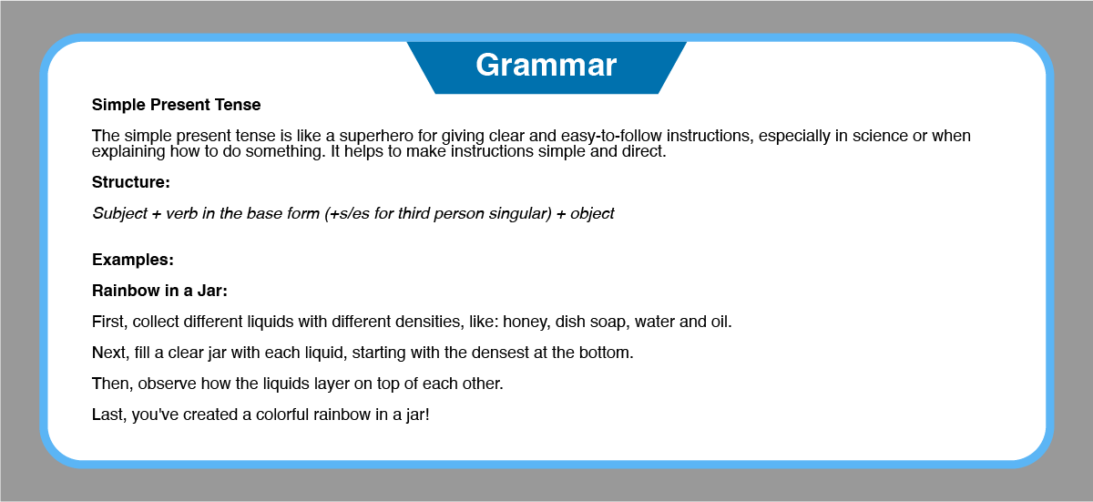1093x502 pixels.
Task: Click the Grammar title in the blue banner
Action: (x=546, y=66)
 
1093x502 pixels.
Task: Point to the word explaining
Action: (x=128, y=152)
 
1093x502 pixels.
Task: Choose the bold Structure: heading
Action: (x=131, y=182)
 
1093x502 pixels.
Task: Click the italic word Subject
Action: (x=119, y=214)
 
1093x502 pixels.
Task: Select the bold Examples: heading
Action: (x=133, y=260)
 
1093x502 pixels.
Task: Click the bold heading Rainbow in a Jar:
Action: (x=159, y=291)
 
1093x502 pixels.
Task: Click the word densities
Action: (x=427, y=322)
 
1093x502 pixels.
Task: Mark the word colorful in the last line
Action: (x=282, y=415)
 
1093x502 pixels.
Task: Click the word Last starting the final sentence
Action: (x=109, y=415)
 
